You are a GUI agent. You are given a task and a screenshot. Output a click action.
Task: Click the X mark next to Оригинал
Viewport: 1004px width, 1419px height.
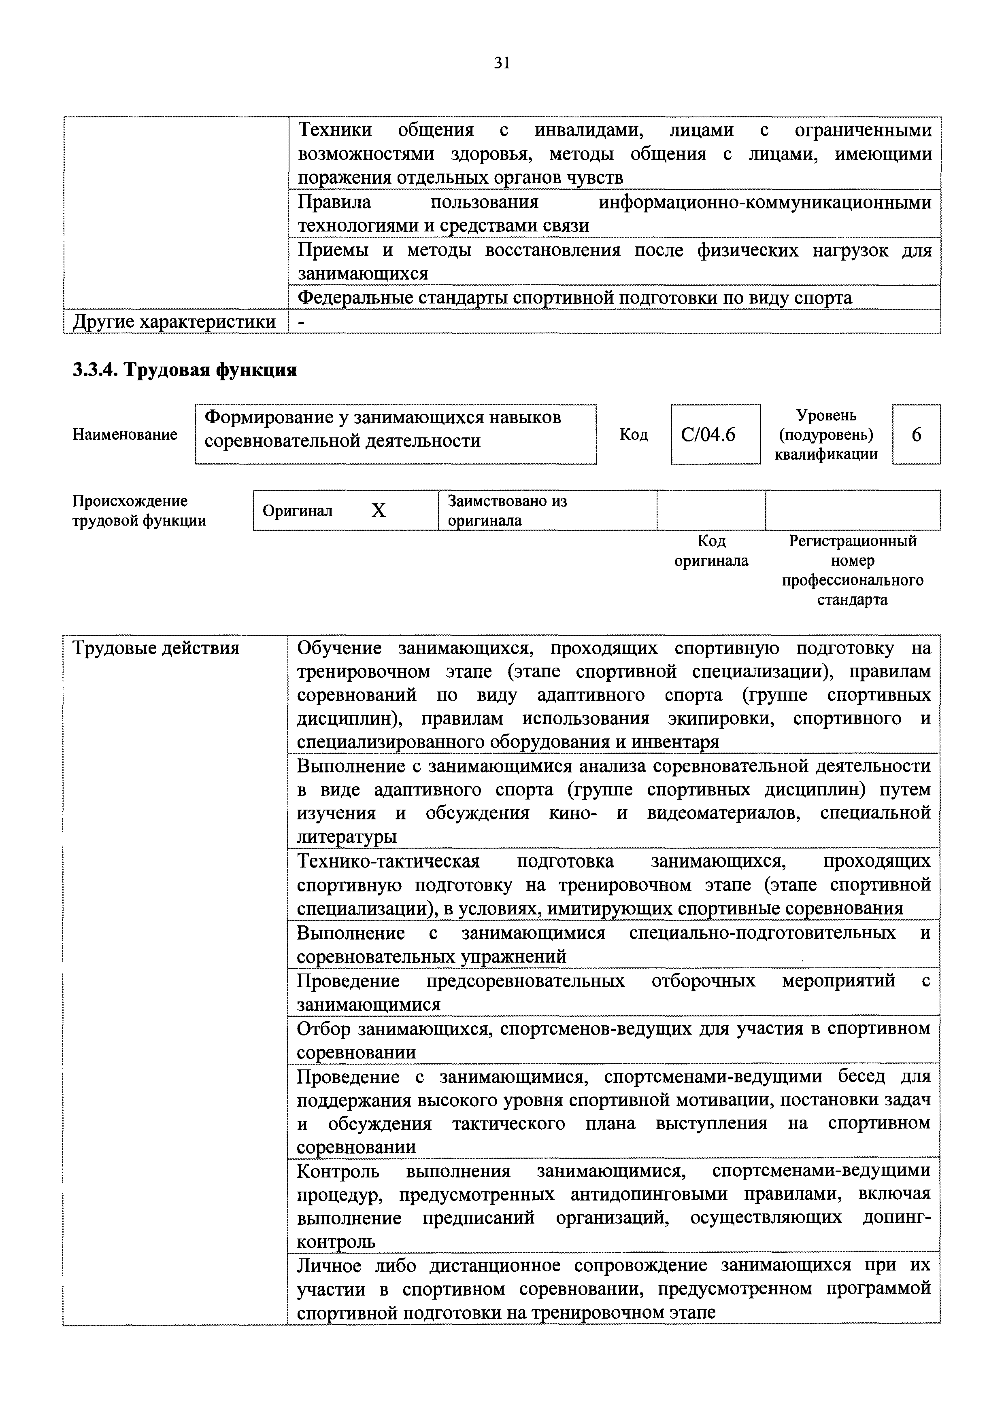pos(379,511)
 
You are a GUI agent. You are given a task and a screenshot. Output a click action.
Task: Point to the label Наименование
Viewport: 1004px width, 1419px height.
pos(125,435)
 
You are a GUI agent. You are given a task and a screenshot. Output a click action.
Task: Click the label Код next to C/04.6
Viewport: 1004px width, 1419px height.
pos(634,435)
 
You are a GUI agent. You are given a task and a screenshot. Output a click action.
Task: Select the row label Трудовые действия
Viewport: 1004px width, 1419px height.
pos(156,648)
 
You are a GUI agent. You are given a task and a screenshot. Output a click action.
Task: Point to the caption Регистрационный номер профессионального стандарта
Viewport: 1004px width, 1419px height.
pos(853,570)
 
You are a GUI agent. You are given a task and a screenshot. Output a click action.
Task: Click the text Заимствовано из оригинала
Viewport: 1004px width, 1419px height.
pos(507,511)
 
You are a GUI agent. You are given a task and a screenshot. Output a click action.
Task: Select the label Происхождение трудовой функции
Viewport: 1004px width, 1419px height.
pos(139,511)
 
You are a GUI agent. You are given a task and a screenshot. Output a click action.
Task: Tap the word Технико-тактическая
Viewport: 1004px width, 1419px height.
pos(388,861)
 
